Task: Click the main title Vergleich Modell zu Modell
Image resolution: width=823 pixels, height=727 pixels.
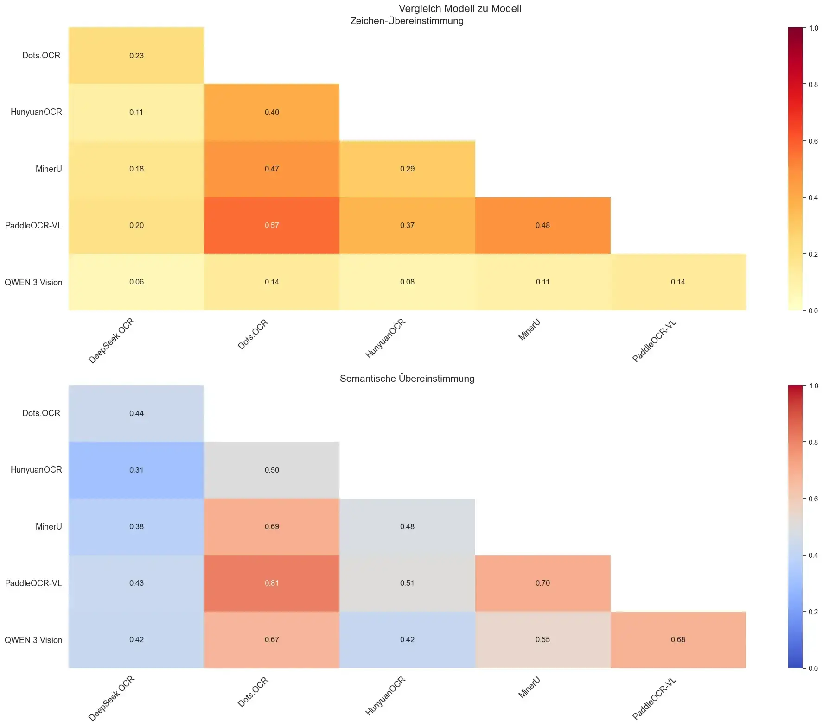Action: (x=459, y=9)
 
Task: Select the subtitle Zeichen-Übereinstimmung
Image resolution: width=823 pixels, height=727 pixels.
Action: (x=407, y=21)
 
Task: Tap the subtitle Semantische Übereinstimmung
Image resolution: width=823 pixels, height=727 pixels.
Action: (x=407, y=379)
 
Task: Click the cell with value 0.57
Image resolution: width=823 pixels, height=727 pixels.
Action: (x=272, y=226)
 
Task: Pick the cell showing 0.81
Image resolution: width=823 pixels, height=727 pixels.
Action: (x=272, y=583)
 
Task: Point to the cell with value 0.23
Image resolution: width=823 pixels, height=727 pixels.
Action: (x=136, y=56)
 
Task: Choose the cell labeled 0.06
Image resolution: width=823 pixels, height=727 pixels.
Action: (x=136, y=282)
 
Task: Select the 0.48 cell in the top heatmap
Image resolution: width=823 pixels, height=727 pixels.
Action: (x=542, y=226)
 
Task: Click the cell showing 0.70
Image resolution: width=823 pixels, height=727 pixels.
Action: (x=542, y=583)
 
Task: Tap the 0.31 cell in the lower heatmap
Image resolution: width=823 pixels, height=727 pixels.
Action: (x=136, y=470)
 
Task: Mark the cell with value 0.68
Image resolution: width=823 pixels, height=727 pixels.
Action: (x=678, y=640)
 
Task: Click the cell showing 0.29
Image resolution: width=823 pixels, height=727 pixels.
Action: (x=407, y=169)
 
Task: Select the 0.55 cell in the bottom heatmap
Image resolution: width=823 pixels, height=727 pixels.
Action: (x=542, y=640)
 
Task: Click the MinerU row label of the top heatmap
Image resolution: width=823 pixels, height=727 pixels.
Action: (x=49, y=169)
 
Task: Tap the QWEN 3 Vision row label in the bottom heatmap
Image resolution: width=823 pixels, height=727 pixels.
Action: (x=33, y=640)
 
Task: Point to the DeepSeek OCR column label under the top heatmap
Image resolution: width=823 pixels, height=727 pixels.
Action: (x=112, y=341)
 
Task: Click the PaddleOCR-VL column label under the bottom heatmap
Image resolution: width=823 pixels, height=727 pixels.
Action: (x=655, y=698)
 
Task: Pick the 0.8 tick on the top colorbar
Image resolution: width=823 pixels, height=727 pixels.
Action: (x=813, y=85)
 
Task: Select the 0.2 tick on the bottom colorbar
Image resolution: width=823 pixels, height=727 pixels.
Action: (x=813, y=612)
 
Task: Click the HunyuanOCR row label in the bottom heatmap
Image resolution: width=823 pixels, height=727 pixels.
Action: (x=36, y=470)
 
